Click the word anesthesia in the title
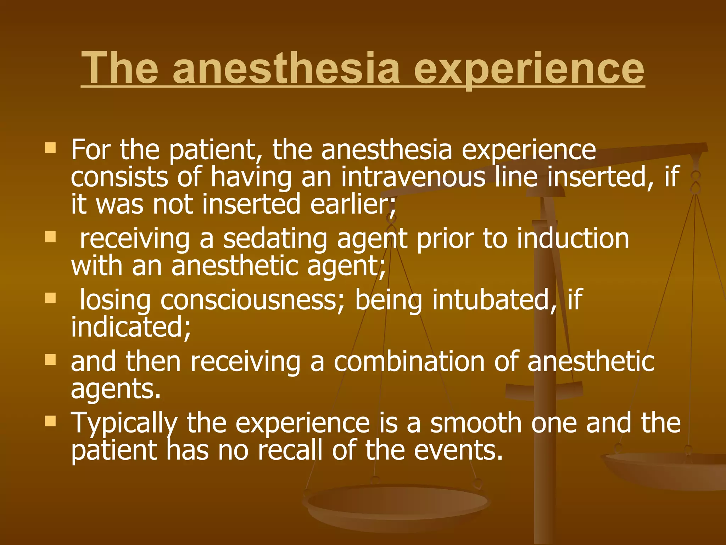pyautogui.click(x=286, y=68)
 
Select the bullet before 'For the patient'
pyautogui.click(x=51, y=148)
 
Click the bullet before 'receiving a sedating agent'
pyautogui.click(x=51, y=237)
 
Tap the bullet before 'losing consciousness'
pyautogui.click(x=51, y=298)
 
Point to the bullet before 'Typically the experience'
pyautogui.click(x=51, y=422)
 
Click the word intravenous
pyautogui.click(x=413, y=177)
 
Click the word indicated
pyautogui.click(x=130, y=327)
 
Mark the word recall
pyautogui.click(x=290, y=450)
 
